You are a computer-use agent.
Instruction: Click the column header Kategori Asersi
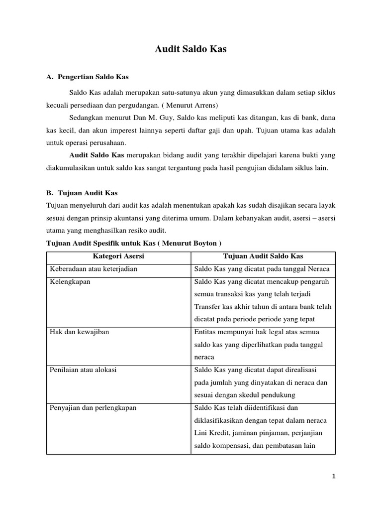pyautogui.click(x=118, y=256)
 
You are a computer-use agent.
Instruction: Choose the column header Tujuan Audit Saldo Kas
pyautogui.click(x=263, y=256)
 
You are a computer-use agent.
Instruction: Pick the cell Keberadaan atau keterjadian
pyautogui.click(x=94, y=269)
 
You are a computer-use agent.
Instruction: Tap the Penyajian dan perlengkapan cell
pyautogui.click(x=93, y=407)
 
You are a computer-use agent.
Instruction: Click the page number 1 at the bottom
pyautogui.click(x=334, y=477)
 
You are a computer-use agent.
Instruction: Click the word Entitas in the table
pyautogui.click(x=205, y=332)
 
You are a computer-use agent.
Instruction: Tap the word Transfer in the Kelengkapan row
pyautogui.click(x=208, y=307)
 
